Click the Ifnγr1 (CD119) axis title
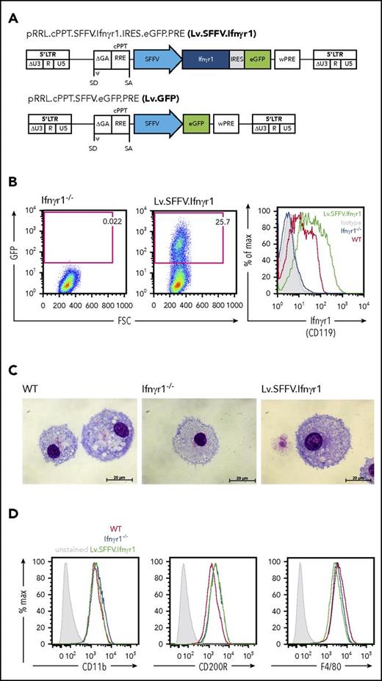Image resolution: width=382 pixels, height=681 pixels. (321, 316)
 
